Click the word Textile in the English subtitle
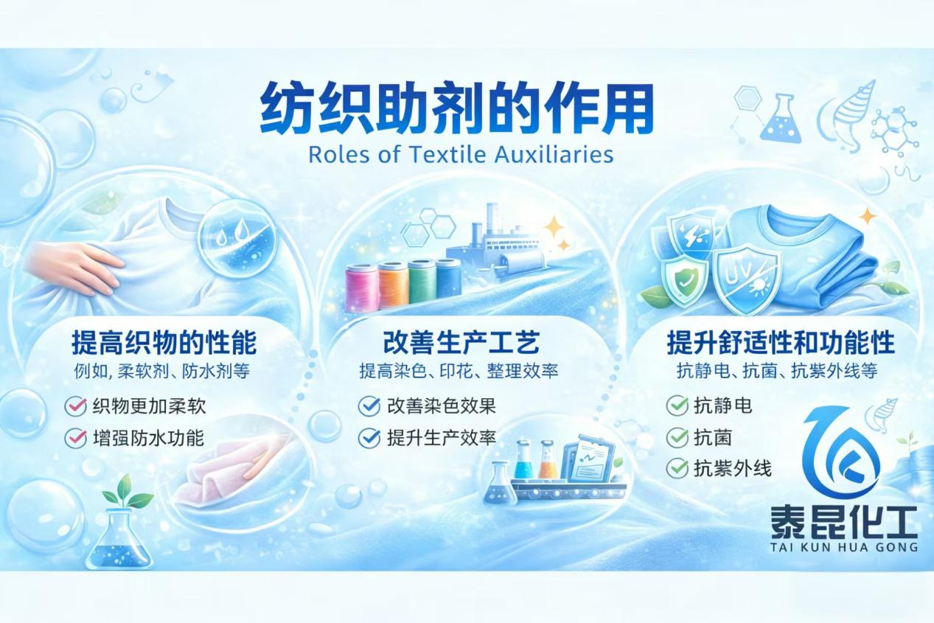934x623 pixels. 447,154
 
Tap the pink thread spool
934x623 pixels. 361,288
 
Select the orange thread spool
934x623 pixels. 393,285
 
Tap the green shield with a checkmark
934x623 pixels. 685,281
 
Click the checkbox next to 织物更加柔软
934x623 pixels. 75,406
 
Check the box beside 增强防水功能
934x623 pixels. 75,438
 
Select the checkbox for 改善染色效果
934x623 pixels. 369,406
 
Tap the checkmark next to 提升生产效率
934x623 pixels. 369,438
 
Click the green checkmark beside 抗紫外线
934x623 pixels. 677,468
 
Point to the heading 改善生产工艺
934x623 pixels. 461,342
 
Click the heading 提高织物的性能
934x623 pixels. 164,342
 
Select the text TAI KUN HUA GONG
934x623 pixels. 844,547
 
